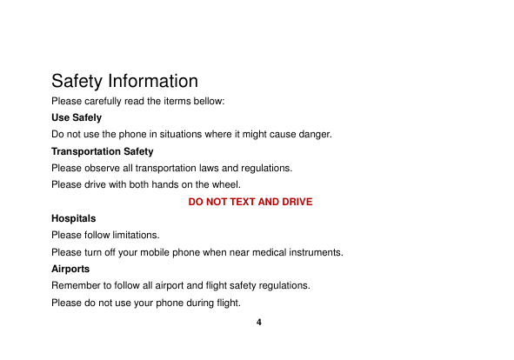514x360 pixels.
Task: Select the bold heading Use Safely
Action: [77, 117]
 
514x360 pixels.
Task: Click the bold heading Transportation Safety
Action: [103, 151]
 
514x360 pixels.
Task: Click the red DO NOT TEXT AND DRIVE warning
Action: [250, 202]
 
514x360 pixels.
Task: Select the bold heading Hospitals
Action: [74, 218]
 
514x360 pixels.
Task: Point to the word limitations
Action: [137, 235]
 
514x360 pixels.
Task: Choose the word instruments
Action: [316, 252]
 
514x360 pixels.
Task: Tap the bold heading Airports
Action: [70, 269]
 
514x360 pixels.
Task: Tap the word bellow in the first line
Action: [210, 102]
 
